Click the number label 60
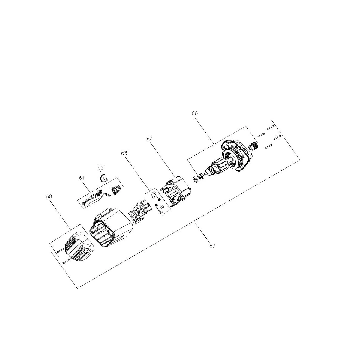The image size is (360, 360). point(49,196)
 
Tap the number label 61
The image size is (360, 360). point(82,178)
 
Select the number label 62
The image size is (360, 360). point(101,168)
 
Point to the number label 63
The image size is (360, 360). point(124,153)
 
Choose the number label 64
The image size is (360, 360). point(150,139)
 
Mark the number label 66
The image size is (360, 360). point(194,113)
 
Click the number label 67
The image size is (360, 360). point(212,246)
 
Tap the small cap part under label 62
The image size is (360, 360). point(103,178)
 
